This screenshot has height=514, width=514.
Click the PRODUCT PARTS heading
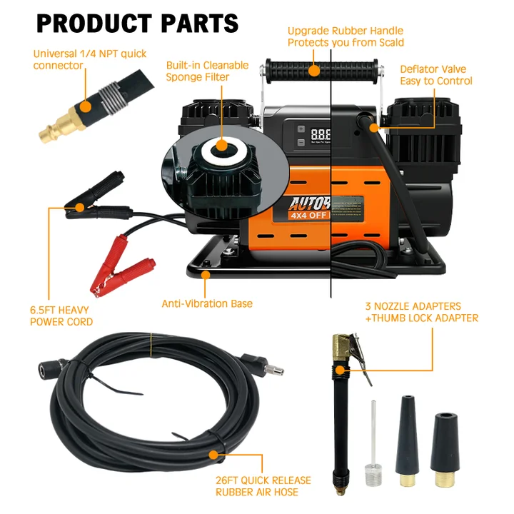137,23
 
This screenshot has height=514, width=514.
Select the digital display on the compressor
321,133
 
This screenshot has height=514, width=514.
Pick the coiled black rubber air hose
143,400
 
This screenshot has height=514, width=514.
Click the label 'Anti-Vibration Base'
207,303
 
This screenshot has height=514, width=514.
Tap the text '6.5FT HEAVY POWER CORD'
61,316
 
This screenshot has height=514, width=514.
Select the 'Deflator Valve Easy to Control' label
435,75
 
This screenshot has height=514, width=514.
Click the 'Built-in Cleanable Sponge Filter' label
207,71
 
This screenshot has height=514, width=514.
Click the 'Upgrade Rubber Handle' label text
346,31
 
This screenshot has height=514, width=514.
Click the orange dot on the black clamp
79,208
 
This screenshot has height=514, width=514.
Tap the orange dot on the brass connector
86,107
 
